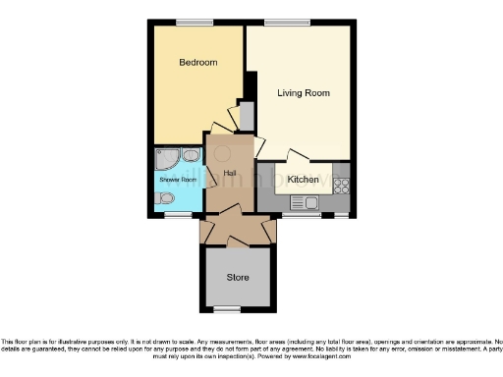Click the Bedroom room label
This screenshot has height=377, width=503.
click(x=197, y=63)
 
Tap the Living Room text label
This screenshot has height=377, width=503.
click(x=303, y=93)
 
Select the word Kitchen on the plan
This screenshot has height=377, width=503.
click(x=303, y=181)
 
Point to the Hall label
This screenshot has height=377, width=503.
click(x=230, y=173)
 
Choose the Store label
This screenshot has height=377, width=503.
click(x=238, y=277)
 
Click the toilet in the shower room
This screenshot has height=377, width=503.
click(x=166, y=198)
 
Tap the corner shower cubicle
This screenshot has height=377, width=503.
click(x=166, y=159)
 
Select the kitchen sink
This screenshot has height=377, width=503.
click(x=303, y=202)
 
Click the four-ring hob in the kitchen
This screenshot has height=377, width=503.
click(x=342, y=184)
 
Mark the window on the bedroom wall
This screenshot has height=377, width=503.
click(x=194, y=23)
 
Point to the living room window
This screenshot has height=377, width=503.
click(x=286, y=23)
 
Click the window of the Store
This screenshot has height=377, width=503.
click(x=228, y=309)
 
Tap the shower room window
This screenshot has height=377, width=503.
click(x=178, y=215)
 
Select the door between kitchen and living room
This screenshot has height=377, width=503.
click(x=296, y=157)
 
